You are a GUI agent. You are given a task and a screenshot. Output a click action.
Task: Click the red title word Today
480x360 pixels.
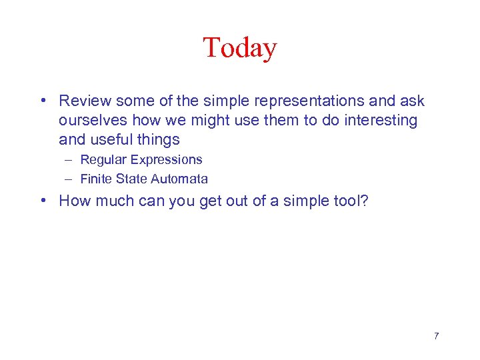(239, 48)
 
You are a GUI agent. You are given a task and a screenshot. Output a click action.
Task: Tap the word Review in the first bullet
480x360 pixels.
(85, 101)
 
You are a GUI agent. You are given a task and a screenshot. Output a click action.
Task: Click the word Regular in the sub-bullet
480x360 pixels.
(103, 159)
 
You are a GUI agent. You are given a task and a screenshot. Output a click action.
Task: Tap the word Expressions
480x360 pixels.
(167, 159)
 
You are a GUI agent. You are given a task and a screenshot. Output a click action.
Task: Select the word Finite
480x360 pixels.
(96, 179)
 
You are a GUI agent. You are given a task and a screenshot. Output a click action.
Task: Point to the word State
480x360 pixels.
(132, 179)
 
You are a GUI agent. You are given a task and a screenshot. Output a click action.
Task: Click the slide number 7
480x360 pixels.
(436, 335)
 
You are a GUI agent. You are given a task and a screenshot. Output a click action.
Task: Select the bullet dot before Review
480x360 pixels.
(42, 101)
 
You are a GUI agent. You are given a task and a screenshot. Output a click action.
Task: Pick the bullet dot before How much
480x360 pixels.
(42, 201)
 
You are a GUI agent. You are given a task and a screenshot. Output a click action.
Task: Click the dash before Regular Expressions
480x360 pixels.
(69, 160)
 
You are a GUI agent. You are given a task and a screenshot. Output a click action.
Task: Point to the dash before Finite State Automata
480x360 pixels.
(69, 179)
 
